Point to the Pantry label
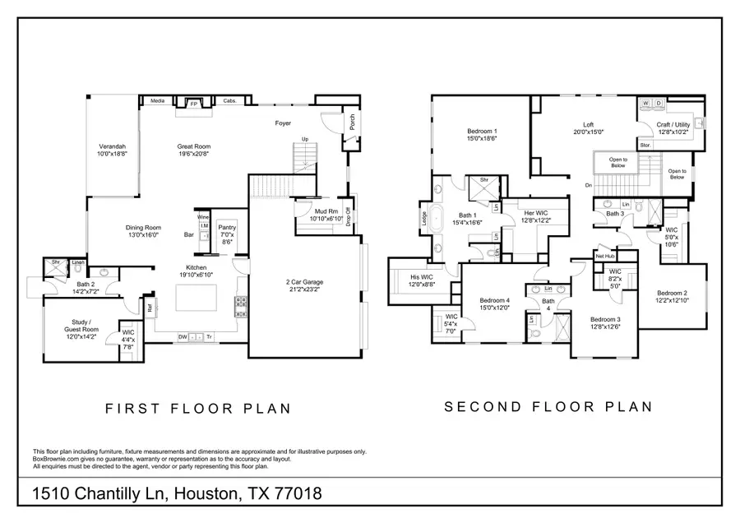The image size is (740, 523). tap(228, 230)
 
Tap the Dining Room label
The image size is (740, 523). tap(143, 231)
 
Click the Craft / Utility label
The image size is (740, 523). tap(673, 126)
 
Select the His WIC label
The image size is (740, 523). tap(423, 280)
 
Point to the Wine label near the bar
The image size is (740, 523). tap(203, 218)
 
